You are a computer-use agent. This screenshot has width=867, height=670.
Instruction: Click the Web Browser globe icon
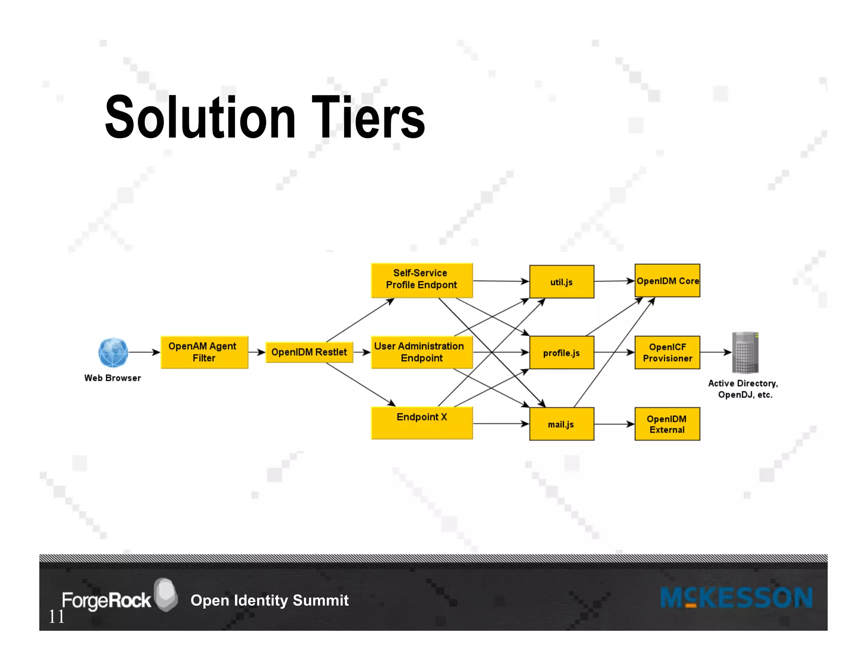[113, 352]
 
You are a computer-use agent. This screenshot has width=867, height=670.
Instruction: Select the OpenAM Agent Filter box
[204, 352]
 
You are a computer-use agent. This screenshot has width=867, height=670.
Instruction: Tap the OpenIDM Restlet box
[309, 352]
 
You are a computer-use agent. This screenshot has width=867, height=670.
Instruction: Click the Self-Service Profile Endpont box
[422, 280]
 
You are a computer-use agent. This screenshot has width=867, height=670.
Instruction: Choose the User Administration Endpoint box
[422, 352]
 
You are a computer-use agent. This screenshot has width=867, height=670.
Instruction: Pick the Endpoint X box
[422, 423]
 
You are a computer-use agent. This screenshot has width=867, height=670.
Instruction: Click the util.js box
[561, 282]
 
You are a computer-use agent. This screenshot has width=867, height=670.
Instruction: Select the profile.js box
[561, 353]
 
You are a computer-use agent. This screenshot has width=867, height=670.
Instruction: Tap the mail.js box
[561, 424]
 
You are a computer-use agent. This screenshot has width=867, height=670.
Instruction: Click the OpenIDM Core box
[667, 281]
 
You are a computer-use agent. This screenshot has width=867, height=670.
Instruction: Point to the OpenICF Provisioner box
[667, 352]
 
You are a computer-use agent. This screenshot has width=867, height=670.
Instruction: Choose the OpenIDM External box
[667, 424]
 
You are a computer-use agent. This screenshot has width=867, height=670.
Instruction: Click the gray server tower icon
[745, 352]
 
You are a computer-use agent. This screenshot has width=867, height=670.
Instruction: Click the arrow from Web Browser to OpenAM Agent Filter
[144, 352]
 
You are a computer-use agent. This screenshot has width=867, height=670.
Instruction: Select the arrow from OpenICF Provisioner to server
[715, 352]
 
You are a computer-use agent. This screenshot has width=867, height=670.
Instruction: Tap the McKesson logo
[736, 598]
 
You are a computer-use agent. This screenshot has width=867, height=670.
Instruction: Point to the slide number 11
[56, 617]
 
